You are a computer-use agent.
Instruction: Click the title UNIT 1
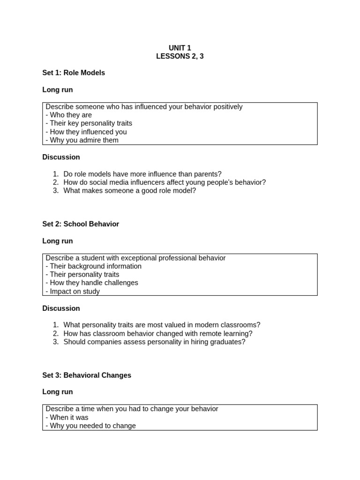(x=180, y=48)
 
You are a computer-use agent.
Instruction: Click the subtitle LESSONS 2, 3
(x=180, y=56)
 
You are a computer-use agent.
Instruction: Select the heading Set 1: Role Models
(x=74, y=73)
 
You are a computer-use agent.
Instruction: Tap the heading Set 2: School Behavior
(x=81, y=224)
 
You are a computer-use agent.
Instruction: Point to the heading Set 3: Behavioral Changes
(x=87, y=375)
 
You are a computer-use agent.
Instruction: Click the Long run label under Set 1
(x=58, y=90)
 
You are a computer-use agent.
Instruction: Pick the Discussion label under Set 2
(x=61, y=308)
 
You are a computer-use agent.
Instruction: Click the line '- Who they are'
(x=69, y=115)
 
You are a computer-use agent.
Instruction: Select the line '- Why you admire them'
(x=82, y=140)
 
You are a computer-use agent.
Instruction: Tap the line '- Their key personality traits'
(x=89, y=123)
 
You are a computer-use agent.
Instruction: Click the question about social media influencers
(x=165, y=182)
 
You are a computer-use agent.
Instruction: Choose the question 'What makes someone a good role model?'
(x=130, y=191)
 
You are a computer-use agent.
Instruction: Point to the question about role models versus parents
(x=142, y=174)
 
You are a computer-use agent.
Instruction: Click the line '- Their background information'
(x=94, y=266)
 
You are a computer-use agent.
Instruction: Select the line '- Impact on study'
(x=73, y=292)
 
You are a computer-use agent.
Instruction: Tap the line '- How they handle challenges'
(x=92, y=283)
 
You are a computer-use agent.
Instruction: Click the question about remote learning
(x=158, y=334)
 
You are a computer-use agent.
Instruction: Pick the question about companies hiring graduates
(x=154, y=342)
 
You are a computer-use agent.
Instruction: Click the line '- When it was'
(x=67, y=418)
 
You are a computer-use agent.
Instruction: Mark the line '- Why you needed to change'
(x=91, y=426)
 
